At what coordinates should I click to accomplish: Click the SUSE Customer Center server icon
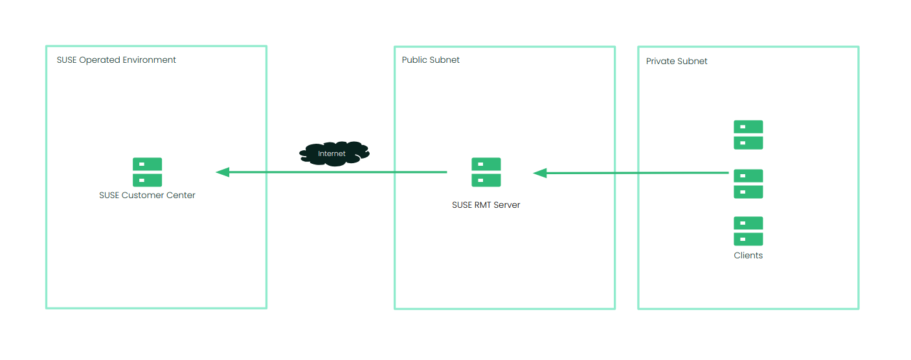click(147, 172)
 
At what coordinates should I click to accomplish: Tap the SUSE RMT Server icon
click(486, 172)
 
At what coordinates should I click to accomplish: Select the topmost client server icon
click(748, 135)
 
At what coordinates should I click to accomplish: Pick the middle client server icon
click(748, 184)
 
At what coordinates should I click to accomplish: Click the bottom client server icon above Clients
click(748, 231)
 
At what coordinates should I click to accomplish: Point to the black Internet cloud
click(333, 153)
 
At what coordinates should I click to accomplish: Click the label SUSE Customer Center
click(147, 195)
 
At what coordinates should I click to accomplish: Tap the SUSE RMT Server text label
click(486, 205)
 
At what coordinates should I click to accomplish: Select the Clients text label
click(748, 255)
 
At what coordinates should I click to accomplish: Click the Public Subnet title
click(431, 60)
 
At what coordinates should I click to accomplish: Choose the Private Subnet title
click(677, 61)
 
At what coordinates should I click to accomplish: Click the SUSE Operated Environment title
click(117, 60)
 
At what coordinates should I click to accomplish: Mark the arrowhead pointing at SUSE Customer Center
click(222, 172)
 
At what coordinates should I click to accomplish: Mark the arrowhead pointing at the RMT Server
click(540, 173)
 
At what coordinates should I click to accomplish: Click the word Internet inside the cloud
click(332, 153)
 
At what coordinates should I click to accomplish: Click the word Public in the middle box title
click(414, 60)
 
